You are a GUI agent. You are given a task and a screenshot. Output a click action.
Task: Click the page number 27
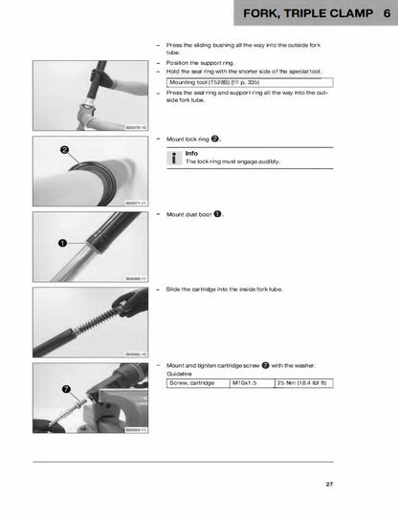(x=328, y=485)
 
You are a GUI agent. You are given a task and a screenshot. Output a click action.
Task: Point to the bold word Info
(x=191, y=153)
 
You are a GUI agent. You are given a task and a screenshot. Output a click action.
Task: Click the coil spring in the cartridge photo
(x=95, y=321)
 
